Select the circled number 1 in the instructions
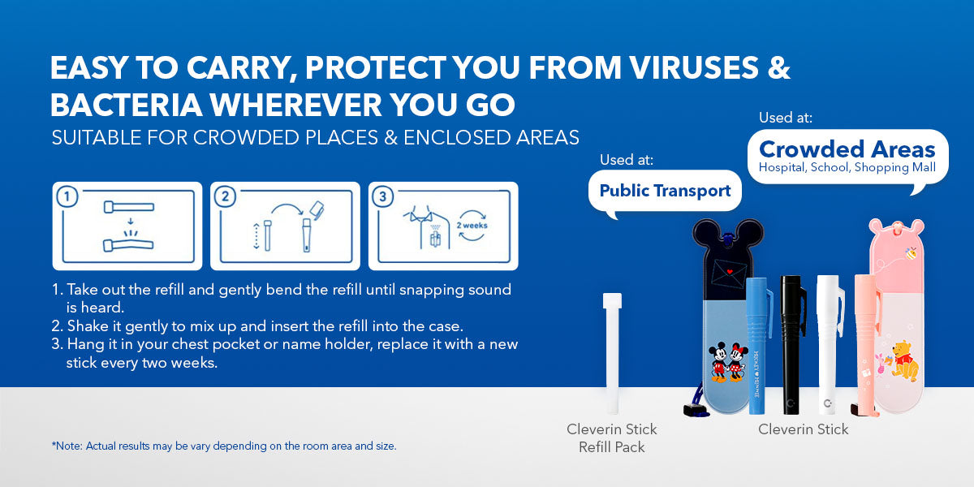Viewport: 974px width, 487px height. [67, 197]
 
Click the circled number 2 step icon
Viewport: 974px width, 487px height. [226, 197]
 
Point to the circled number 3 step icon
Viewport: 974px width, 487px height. [383, 197]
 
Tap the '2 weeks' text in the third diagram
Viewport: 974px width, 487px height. [472, 226]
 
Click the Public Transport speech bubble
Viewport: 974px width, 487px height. [665, 192]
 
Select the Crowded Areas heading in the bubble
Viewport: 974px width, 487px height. [847, 149]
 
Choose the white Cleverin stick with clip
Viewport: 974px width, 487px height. [830, 343]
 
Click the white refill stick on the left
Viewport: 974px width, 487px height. [612, 353]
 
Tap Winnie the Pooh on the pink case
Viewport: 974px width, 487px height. [906, 361]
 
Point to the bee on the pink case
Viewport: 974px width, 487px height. [910, 253]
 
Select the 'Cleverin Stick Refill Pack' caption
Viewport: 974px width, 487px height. [612, 437]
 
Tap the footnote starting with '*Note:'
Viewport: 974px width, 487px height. [224, 446]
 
